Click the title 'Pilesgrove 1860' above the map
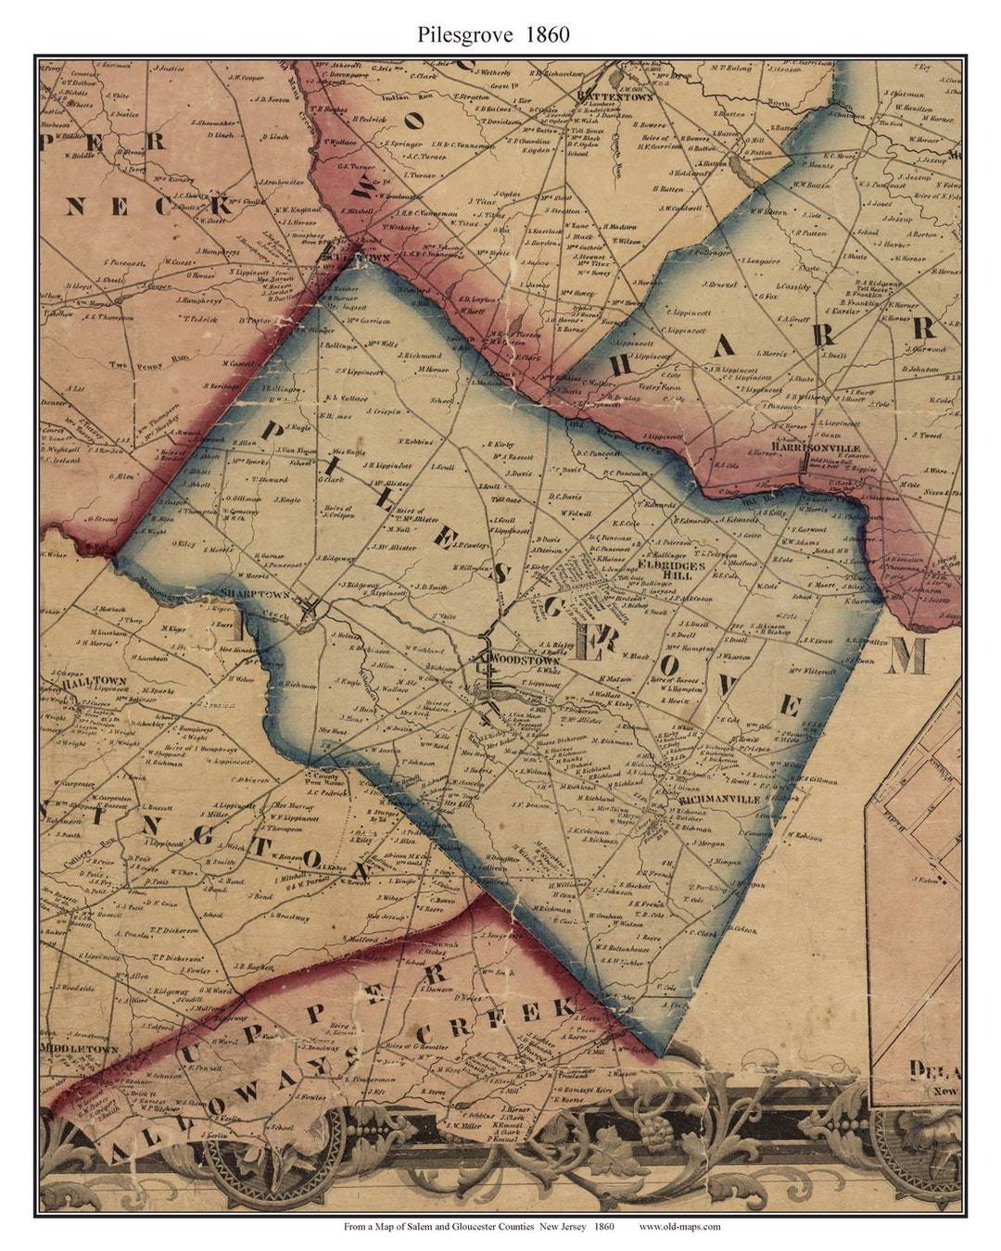(493, 35)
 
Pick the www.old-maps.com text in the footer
(679, 1227)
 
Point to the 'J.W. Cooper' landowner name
(244, 78)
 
